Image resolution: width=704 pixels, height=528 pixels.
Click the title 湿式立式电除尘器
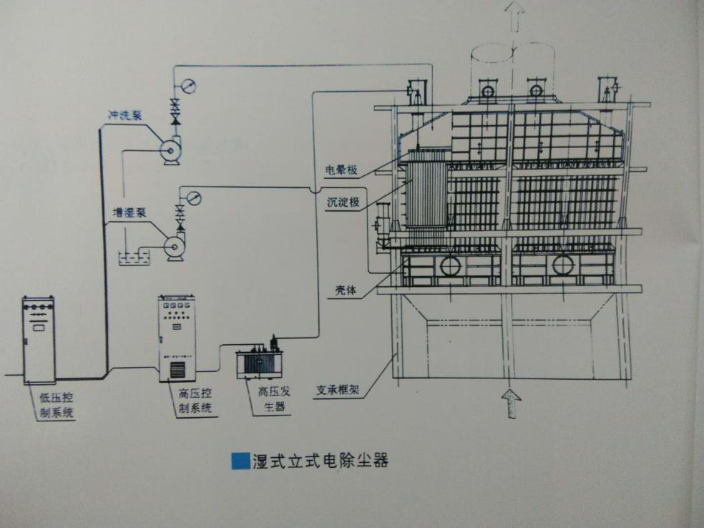coord(320,461)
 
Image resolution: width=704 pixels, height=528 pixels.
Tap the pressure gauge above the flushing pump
coord(187,87)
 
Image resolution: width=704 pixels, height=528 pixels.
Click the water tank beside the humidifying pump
coord(132,255)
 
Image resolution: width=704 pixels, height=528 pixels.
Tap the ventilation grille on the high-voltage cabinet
coord(177,368)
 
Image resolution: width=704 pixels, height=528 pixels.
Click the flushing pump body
coord(170,150)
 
